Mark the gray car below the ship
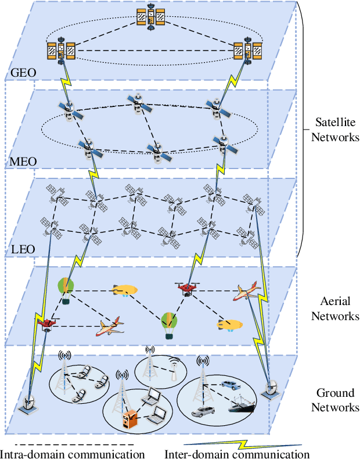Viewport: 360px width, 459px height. pos(203,412)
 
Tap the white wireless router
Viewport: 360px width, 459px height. pos(173,371)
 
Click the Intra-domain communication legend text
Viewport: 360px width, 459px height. pos(71,453)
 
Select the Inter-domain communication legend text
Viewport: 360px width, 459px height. pos(237,453)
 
